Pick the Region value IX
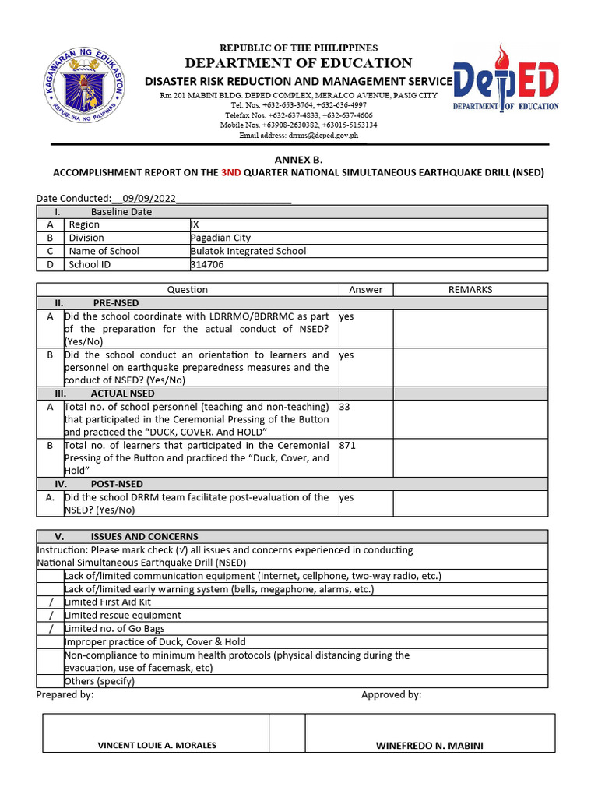[x=195, y=224]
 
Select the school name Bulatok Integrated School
[x=248, y=251]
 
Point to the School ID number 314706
[x=206, y=264]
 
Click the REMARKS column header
[x=470, y=289]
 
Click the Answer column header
[x=365, y=289]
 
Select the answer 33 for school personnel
[x=345, y=407]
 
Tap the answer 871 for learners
[x=347, y=445]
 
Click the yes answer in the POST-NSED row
[x=346, y=497]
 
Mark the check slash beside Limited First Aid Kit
[x=51, y=602]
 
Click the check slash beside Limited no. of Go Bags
[x=51, y=629]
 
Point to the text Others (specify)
[x=100, y=681]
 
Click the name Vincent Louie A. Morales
[x=157, y=745]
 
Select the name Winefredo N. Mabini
[x=429, y=745]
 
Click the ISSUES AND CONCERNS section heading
[x=144, y=536]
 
